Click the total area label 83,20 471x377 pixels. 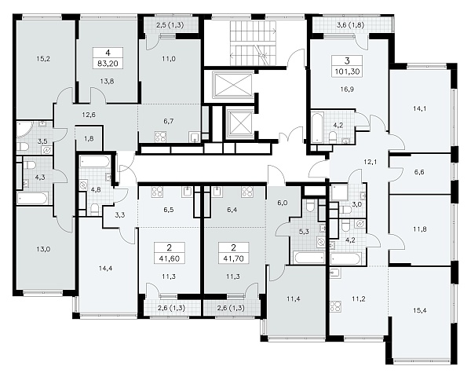click(x=108, y=64)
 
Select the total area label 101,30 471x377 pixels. click(x=347, y=71)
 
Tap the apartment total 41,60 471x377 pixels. click(x=169, y=258)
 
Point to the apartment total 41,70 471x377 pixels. click(x=233, y=258)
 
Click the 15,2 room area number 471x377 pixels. click(x=43, y=59)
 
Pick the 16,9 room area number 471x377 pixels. click(x=347, y=90)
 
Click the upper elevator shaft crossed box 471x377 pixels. click(x=233, y=85)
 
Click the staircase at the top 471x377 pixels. click(x=254, y=43)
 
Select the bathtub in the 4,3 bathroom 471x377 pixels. click(x=32, y=199)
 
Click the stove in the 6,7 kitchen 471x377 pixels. click(x=160, y=137)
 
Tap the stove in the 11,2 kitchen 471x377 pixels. click(x=335, y=306)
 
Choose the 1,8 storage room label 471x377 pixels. click(x=89, y=138)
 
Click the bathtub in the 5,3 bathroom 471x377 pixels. click(x=309, y=258)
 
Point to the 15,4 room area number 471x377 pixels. click(x=419, y=310)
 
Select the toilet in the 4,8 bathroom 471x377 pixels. click(x=94, y=209)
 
